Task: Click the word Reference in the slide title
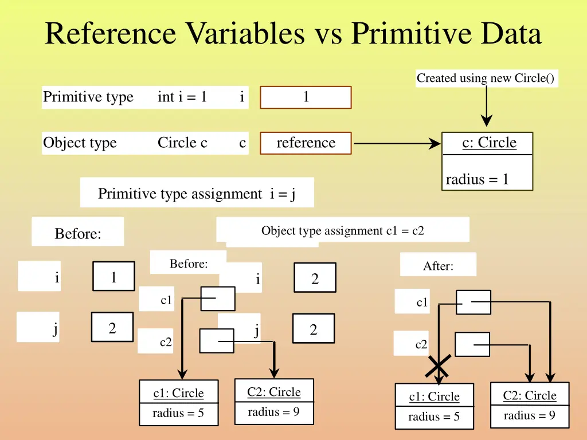[110, 33]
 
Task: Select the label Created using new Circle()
[486, 78]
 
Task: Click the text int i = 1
[182, 97]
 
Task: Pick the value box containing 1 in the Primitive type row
[306, 97]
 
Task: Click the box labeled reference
[306, 143]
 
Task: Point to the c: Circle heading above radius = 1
[489, 143]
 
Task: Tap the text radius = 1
[477, 179]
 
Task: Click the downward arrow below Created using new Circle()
[486, 107]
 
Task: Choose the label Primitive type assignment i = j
[197, 194]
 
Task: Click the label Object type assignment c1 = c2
[342, 231]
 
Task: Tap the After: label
[438, 266]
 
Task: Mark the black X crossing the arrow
[439, 366]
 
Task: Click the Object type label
[80, 143]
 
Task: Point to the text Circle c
[182, 143]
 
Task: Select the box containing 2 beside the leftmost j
[112, 328]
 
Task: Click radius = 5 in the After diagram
[433, 417]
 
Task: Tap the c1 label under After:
[422, 302]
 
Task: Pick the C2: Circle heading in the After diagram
[529, 395]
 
